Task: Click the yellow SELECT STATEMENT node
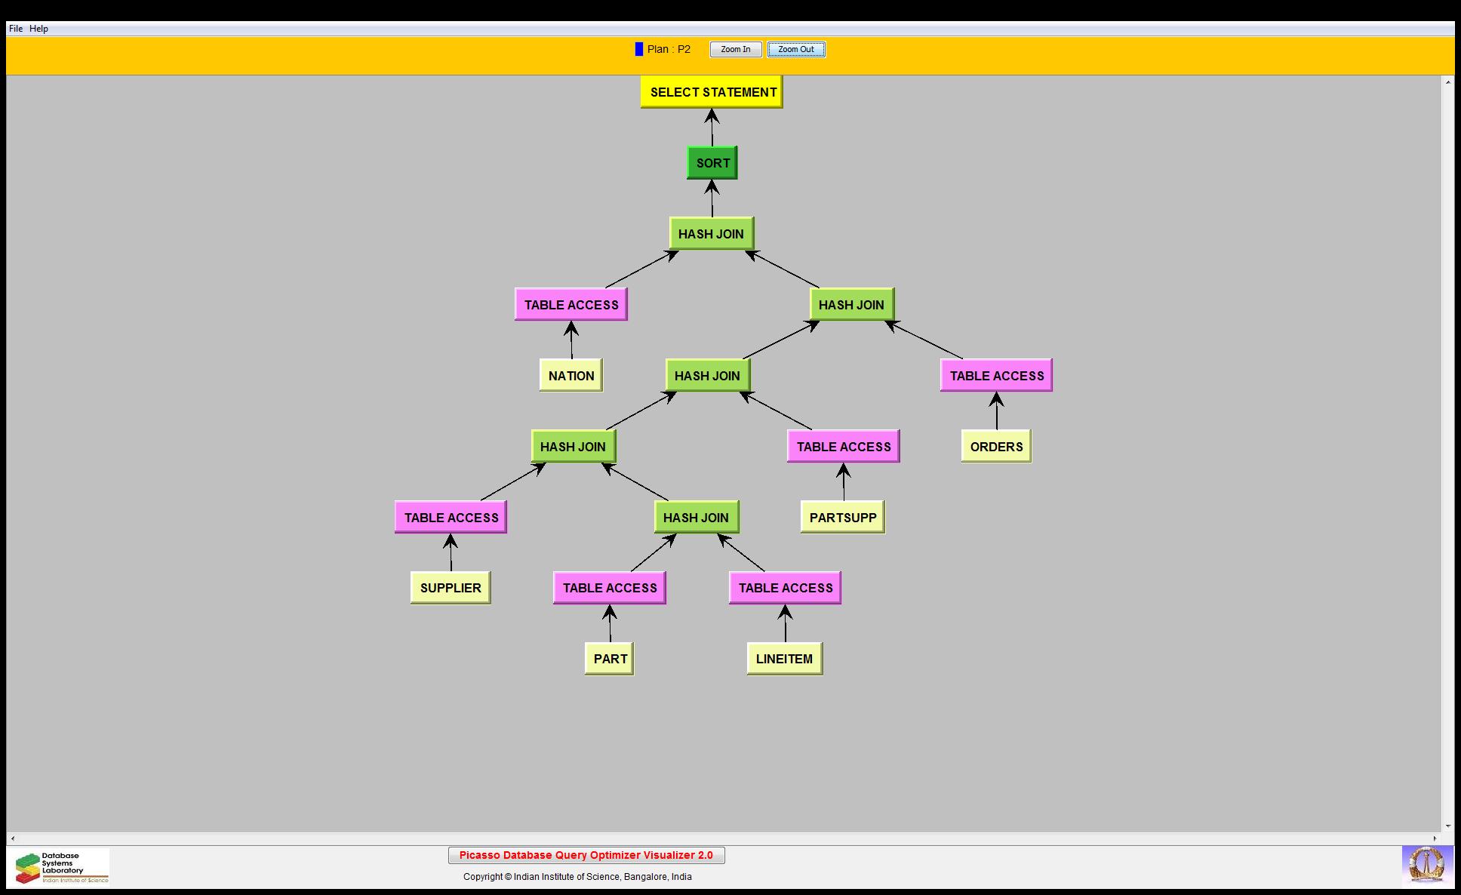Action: coord(712,92)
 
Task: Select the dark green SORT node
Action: coord(712,163)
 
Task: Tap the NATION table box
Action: coord(571,376)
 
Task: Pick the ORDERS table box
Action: coord(996,447)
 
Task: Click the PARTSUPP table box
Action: coord(843,518)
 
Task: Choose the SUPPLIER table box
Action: coord(451,588)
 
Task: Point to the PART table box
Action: coord(610,659)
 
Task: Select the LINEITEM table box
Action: coord(785,659)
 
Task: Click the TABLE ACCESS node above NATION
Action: coord(571,305)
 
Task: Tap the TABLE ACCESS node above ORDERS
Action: coord(996,376)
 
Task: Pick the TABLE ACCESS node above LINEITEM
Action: coord(786,588)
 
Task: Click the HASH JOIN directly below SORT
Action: coord(711,234)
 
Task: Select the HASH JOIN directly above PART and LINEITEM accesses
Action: coord(696,518)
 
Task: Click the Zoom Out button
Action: coord(796,50)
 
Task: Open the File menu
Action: coord(16,29)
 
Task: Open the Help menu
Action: coord(38,29)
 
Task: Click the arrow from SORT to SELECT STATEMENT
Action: coord(712,128)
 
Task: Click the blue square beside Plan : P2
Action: coord(639,49)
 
